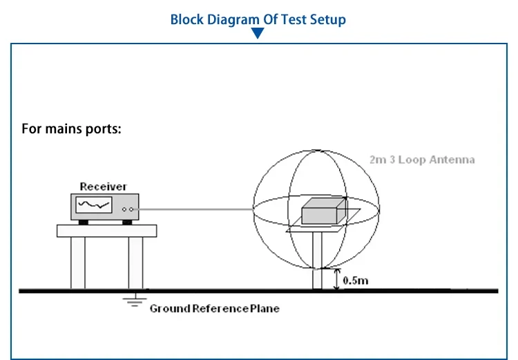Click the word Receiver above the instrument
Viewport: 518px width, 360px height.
(103, 187)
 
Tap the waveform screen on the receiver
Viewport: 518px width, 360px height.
(94, 205)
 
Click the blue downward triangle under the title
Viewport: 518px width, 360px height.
(258, 33)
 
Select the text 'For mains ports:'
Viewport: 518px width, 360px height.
(71, 129)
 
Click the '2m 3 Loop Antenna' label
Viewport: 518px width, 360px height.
(422, 160)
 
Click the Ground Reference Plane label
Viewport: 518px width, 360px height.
(214, 308)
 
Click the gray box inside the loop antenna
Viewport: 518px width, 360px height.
(323, 211)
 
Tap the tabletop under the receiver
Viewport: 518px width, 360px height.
(106, 231)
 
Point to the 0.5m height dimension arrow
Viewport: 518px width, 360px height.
(336, 279)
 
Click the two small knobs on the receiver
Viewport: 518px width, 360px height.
(126, 208)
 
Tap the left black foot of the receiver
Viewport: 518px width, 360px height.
(83, 222)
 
